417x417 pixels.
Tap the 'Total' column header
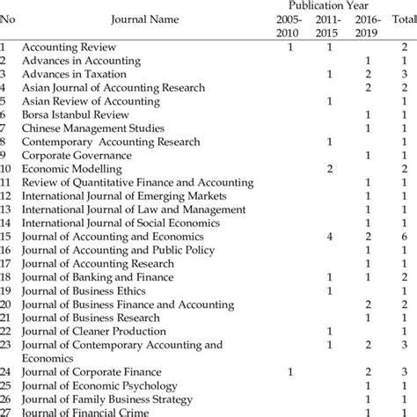point(404,17)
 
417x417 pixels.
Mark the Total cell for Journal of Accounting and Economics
point(404,237)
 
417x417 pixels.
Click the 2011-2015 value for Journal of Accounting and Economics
point(328,237)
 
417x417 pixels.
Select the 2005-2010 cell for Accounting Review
point(290,47)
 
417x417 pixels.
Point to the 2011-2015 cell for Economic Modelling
point(328,168)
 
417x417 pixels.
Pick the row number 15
point(7,237)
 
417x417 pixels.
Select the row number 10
point(7,168)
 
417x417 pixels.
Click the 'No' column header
point(8,17)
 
